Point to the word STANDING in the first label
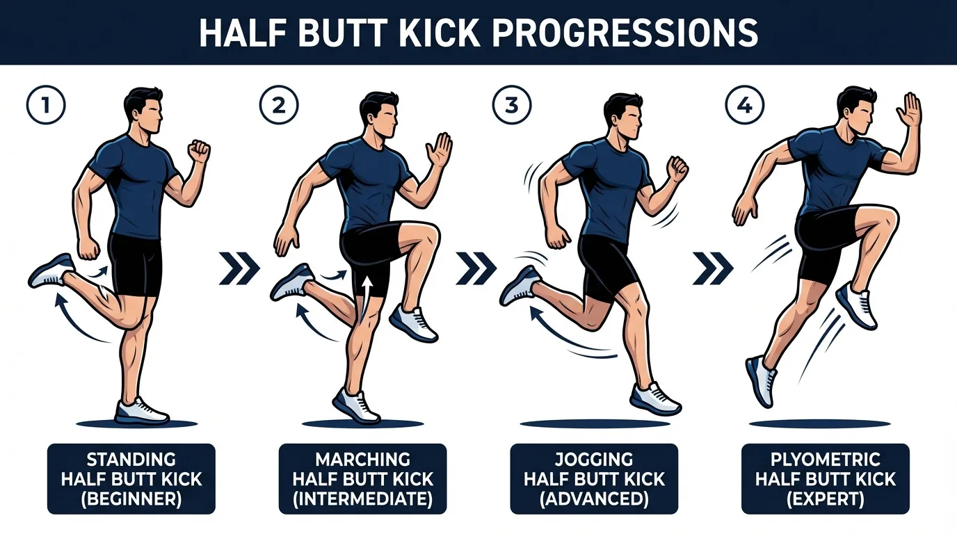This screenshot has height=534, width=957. pyautogui.click(x=131, y=460)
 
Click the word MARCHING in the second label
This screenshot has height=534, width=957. pyautogui.click(x=362, y=460)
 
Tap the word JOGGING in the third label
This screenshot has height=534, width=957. pyautogui.click(x=594, y=460)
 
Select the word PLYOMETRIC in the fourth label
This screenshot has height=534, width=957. pyautogui.click(x=825, y=460)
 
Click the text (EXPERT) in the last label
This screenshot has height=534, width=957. pyautogui.click(x=825, y=499)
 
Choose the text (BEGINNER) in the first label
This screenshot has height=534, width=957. pyautogui.click(x=131, y=499)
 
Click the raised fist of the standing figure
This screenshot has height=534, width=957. pyautogui.click(x=200, y=150)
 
